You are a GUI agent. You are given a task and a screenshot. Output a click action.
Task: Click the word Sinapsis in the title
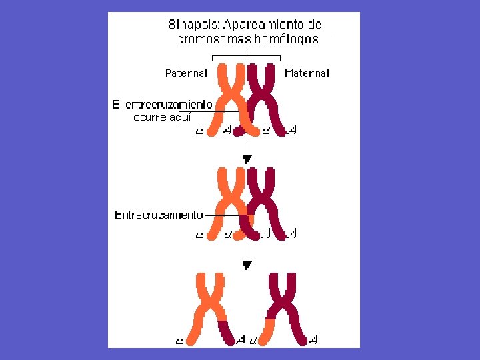(192, 25)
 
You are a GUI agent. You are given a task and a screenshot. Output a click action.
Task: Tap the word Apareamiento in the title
(259, 25)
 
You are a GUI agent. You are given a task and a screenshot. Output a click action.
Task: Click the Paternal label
(186, 73)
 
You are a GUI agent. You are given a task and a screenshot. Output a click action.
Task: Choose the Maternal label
(307, 73)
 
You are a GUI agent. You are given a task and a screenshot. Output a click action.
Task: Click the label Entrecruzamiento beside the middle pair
(159, 215)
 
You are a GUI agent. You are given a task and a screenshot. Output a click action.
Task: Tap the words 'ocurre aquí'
(162, 117)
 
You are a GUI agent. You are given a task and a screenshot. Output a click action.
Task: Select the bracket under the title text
(247, 55)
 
